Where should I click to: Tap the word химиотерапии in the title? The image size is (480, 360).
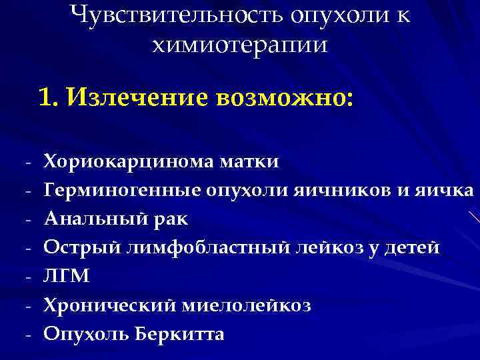[x=240, y=45]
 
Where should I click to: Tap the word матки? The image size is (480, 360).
[x=256, y=161]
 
